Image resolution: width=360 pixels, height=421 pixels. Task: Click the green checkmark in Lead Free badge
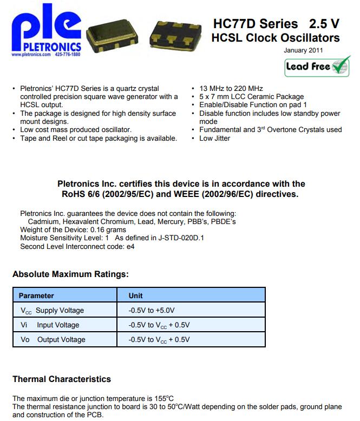point(340,67)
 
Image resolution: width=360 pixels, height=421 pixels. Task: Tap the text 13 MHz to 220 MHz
point(231,88)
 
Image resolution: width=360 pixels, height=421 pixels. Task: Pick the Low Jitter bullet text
point(214,138)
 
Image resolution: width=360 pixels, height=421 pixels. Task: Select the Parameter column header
point(36,295)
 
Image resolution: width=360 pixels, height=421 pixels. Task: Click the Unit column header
point(135,295)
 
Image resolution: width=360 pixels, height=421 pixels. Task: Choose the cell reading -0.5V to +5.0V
point(152,311)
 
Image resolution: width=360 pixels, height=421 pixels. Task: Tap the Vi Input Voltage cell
point(50,325)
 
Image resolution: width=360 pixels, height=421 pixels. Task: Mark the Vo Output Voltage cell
point(53,340)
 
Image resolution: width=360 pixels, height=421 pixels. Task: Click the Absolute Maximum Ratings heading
point(70,274)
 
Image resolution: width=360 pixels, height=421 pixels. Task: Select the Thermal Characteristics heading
point(62,379)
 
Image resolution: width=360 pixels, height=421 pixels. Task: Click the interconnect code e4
point(130,247)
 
